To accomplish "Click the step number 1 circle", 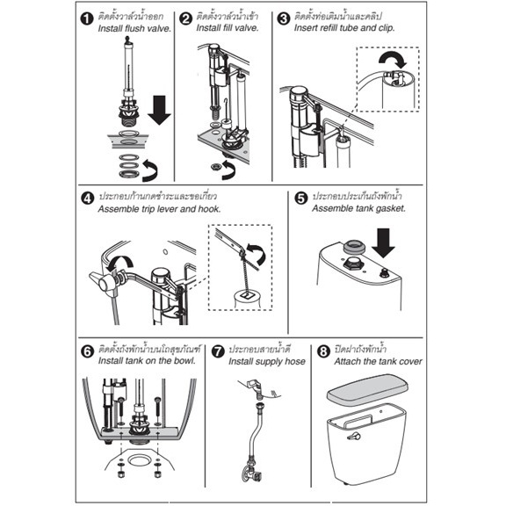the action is click(x=86, y=18).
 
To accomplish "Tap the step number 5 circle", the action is click(x=301, y=198).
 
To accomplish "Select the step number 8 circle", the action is click(x=323, y=351).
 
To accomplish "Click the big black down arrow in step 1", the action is click(x=159, y=110).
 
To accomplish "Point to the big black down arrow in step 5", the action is click(x=383, y=243).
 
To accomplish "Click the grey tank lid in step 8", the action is click(x=367, y=389).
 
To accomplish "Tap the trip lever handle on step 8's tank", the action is click(x=354, y=437).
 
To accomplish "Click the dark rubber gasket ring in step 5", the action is click(x=354, y=247).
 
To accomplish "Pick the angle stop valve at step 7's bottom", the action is click(x=253, y=471).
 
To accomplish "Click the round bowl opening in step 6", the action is click(x=139, y=460).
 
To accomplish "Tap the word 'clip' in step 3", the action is click(x=387, y=28).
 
